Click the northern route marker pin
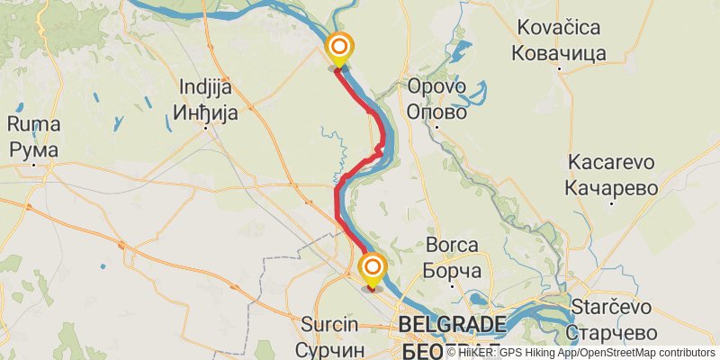(339, 48)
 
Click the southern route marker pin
(372, 268)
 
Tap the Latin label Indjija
(206, 88)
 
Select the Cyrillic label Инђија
(206, 112)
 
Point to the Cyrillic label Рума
(33, 148)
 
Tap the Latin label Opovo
(436, 88)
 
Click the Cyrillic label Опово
(436, 112)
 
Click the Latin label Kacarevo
(611, 163)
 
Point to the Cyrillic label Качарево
(611, 187)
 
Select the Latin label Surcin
(331, 325)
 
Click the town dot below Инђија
(206, 127)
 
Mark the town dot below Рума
(33, 164)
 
